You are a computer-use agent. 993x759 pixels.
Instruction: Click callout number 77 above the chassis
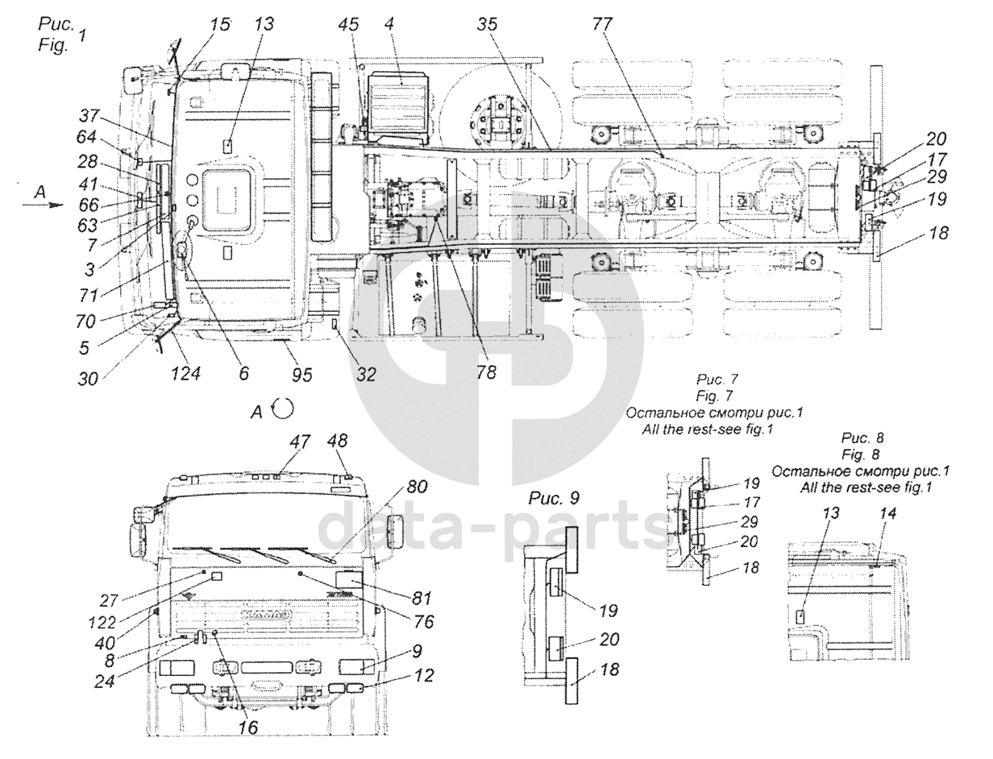click(x=602, y=25)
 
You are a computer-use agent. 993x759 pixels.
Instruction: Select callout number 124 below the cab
click(x=185, y=374)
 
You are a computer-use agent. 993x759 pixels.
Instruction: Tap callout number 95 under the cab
click(x=302, y=375)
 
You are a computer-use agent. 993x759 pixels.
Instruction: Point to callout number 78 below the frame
click(x=486, y=372)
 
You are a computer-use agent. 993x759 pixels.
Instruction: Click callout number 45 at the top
click(x=348, y=25)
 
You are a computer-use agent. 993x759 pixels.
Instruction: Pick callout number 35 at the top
click(x=487, y=25)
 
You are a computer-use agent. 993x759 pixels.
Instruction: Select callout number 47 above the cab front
click(x=301, y=442)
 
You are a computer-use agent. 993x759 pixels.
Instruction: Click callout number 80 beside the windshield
click(x=417, y=487)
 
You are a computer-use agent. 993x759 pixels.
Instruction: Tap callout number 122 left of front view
click(x=102, y=623)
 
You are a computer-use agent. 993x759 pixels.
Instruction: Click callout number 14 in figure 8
click(x=887, y=513)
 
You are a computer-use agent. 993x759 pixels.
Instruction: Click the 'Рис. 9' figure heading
click(x=554, y=499)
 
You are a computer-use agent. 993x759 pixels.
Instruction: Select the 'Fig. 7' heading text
click(x=714, y=396)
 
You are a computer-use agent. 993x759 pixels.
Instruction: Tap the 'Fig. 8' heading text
click(x=862, y=454)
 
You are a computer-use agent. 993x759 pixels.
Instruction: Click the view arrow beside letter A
click(x=44, y=205)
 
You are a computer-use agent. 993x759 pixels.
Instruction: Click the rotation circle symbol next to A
click(x=283, y=409)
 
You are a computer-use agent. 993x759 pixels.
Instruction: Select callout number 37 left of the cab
click(x=89, y=116)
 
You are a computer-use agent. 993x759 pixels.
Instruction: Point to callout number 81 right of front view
click(x=422, y=598)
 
